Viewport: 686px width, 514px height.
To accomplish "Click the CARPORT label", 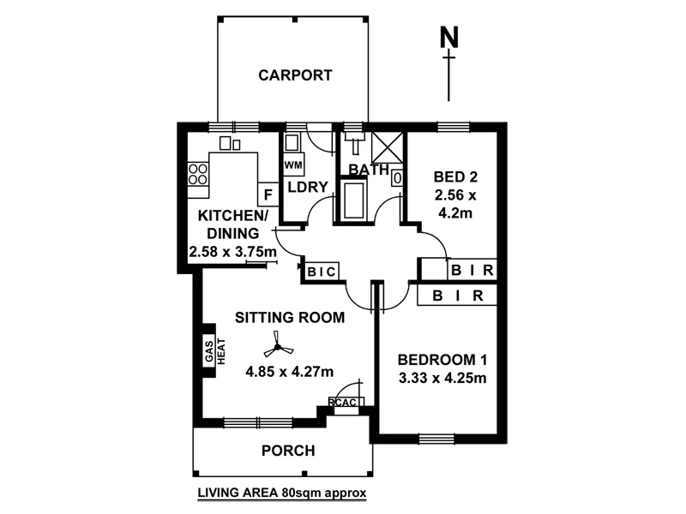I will click(295, 75).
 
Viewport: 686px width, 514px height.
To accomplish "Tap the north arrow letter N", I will click(448, 39).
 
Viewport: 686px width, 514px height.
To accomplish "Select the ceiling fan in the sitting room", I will click(276, 347).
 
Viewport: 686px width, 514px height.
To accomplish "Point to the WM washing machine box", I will click(292, 164).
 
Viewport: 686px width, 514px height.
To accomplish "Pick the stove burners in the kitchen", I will click(198, 174).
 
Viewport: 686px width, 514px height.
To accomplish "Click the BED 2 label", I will click(454, 177).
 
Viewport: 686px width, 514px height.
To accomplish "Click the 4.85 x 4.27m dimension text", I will click(290, 371).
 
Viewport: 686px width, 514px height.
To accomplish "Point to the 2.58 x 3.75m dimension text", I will click(232, 252).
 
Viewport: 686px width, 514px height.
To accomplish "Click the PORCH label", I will click(287, 451).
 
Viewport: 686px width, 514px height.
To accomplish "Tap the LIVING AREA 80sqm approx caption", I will click(282, 493).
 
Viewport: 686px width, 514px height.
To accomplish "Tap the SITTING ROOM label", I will click(290, 317).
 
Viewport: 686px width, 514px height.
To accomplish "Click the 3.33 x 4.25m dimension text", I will click(443, 378).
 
